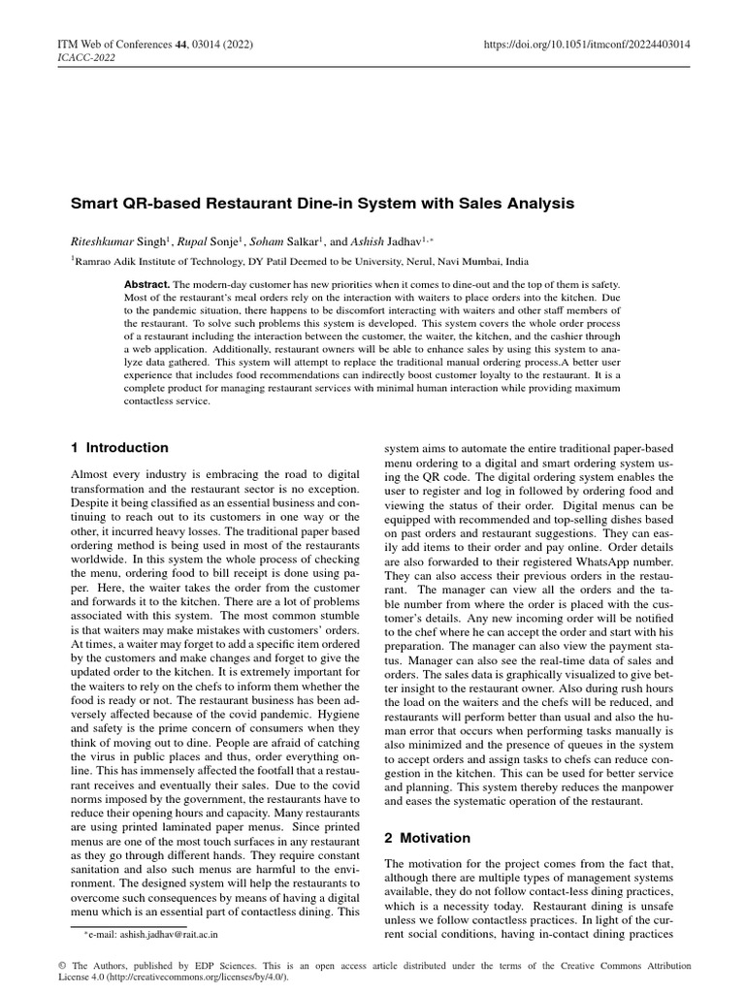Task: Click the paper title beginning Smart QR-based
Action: pos(322,204)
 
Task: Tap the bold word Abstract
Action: pos(146,282)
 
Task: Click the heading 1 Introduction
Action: pos(119,448)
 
